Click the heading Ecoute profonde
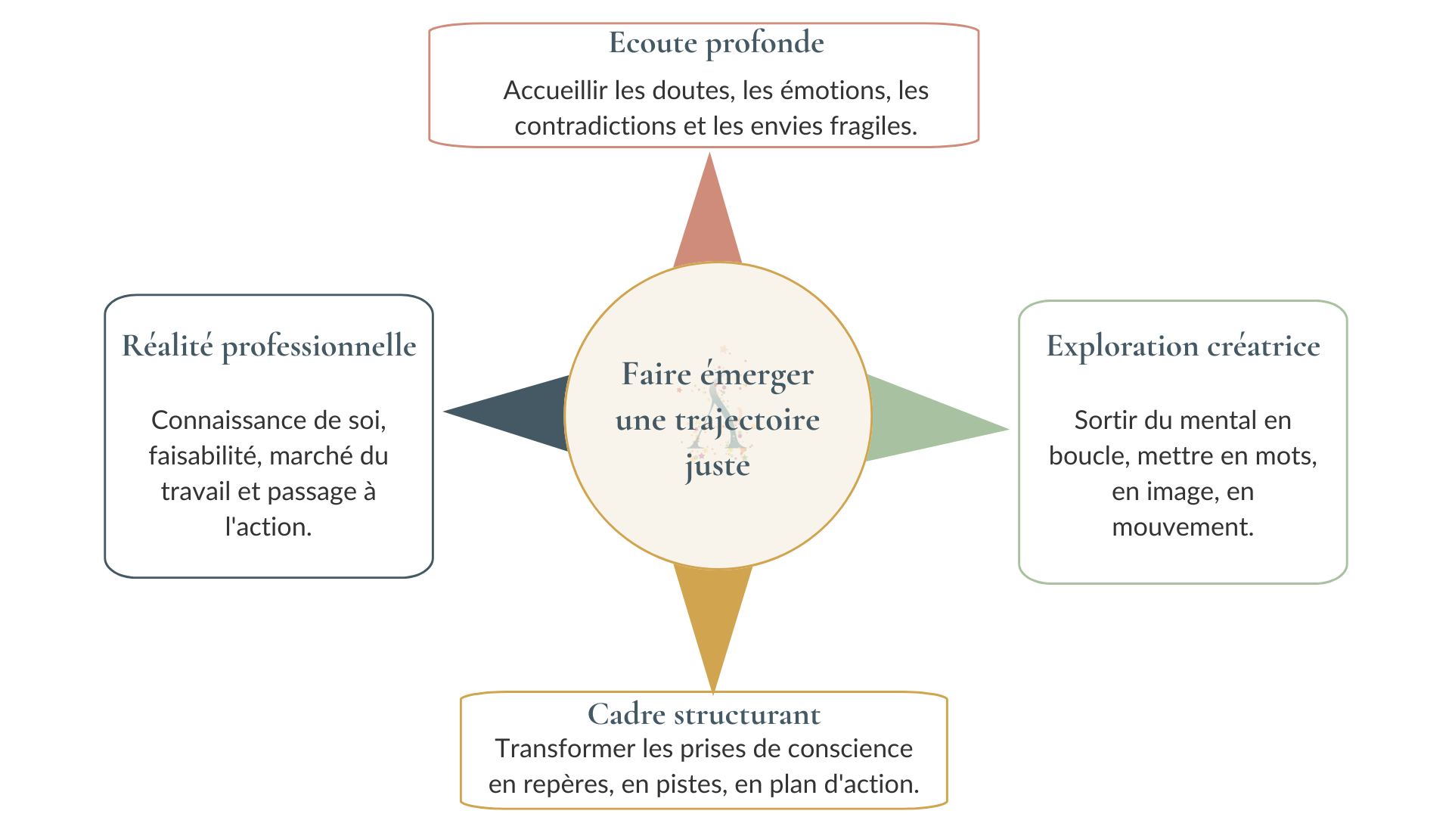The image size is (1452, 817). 716,44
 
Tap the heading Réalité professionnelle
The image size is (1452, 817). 269,346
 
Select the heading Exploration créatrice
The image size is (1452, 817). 1184,346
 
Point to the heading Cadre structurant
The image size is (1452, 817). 704,714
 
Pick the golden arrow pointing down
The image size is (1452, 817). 713,624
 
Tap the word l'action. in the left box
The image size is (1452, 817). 268,527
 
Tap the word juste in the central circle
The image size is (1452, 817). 718,466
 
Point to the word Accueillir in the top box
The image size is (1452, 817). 555,91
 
